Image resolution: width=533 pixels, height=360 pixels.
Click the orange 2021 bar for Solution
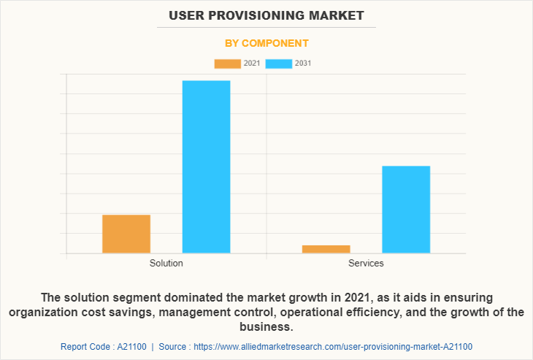(x=126, y=234)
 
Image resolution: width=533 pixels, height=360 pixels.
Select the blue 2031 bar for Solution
(x=206, y=166)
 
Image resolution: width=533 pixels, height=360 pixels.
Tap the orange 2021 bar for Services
(x=326, y=249)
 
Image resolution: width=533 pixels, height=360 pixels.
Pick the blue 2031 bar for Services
(x=406, y=210)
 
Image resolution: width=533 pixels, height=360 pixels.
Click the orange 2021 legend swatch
(x=227, y=64)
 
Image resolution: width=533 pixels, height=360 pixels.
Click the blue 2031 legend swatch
(x=279, y=64)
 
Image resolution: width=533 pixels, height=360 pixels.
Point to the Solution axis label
(x=166, y=263)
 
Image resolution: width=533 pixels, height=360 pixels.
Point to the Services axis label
(x=366, y=263)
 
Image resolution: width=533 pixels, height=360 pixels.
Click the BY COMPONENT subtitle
(x=266, y=43)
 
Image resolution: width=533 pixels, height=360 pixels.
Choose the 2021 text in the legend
(x=252, y=64)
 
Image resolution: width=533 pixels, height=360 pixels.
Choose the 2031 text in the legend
(x=304, y=64)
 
